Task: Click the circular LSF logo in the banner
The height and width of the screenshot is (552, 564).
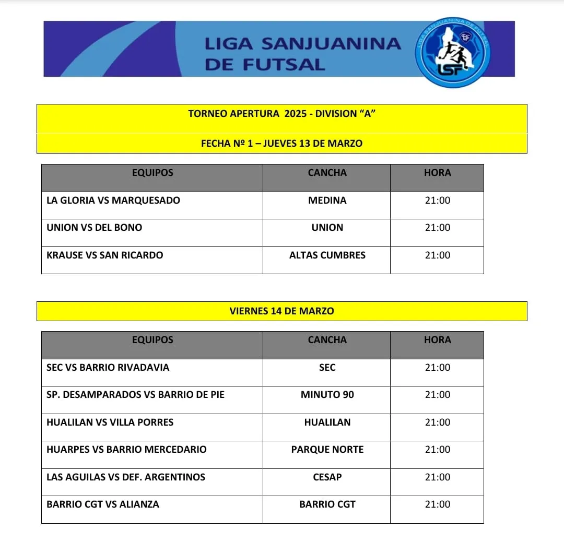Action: pos(453,52)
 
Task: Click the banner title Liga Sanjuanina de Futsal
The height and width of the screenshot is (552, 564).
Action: pos(302,53)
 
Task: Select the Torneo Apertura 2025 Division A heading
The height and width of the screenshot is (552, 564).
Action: pos(282,114)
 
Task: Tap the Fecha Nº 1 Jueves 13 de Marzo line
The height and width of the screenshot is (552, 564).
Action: pos(282,143)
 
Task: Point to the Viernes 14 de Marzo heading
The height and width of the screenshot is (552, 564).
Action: pos(282,311)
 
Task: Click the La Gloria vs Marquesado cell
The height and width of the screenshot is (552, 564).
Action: pos(113,201)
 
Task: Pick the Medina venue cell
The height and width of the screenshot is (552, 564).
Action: pos(327,201)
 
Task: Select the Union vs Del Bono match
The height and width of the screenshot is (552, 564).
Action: pos(95,228)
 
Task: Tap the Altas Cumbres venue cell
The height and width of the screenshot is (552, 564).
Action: pos(327,255)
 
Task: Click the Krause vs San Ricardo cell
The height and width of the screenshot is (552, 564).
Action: pos(105,255)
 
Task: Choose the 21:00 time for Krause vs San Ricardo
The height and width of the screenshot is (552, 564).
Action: pos(437,255)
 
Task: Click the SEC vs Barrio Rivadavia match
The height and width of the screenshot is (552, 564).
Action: pos(108,368)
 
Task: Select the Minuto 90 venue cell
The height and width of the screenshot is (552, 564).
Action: pos(327,395)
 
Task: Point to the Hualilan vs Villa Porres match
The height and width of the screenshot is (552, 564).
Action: pos(110,422)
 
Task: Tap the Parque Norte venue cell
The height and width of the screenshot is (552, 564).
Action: pos(327,450)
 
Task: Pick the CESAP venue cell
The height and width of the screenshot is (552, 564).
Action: pos(327,477)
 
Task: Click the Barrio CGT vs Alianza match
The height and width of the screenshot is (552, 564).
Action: pos(103,504)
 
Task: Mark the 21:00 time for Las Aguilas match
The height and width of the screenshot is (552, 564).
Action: pos(437,477)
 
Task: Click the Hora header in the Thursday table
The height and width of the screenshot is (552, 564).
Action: pos(437,173)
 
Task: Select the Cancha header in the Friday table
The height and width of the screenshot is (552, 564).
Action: pos(327,340)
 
